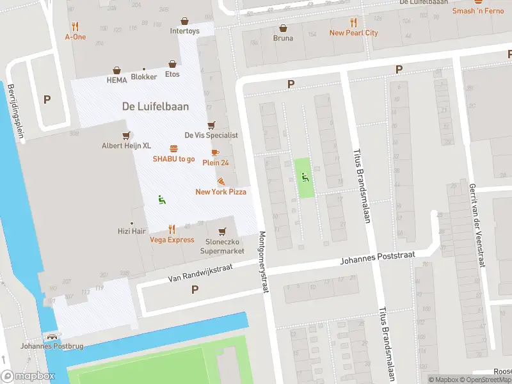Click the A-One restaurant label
(x=76, y=36)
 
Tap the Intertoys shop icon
(x=184, y=21)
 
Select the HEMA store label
(x=117, y=80)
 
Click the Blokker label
(x=144, y=77)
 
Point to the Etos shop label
(x=172, y=74)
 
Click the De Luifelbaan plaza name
(x=156, y=106)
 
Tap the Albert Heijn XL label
(x=127, y=145)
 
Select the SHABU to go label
(x=173, y=159)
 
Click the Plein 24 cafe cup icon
(x=215, y=152)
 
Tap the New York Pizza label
(x=221, y=192)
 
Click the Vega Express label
(x=172, y=239)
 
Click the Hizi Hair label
(x=133, y=232)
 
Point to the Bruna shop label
(x=283, y=38)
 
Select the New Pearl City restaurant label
(x=353, y=33)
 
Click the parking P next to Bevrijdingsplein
(x=47, y=99)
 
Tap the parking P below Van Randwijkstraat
(x=195, y=289)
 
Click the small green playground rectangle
(x=305, y=177)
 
